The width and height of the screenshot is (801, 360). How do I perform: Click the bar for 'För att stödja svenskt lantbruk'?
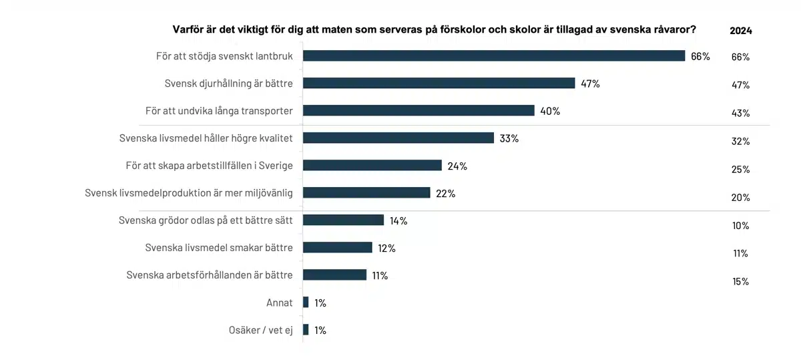[494, 56]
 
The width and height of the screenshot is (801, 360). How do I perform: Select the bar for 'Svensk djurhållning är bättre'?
[439, 83]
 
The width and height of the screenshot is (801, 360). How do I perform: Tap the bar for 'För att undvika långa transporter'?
[419, 111]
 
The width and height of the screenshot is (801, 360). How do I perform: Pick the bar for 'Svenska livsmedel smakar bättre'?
[337, 248]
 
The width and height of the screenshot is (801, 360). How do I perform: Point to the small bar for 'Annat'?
[306, 303]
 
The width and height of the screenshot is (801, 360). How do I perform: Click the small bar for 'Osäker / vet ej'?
[306, 330]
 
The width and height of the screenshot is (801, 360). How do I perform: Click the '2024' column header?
[741, 31]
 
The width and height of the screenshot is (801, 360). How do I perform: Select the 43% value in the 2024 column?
[741, 114]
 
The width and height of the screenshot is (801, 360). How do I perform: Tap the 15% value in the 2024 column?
[741, 282]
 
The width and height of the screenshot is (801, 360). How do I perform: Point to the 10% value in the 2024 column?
[741, 226]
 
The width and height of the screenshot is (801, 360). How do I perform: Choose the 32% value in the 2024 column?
[741, 142]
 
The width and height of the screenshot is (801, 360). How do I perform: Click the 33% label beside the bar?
[509, 139]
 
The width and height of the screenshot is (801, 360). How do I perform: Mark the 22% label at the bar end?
[446, 194]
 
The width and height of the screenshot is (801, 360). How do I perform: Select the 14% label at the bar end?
[398, 221]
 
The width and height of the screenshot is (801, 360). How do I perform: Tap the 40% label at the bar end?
[550, 112]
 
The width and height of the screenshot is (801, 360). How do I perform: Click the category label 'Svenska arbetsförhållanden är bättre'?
[210, 275]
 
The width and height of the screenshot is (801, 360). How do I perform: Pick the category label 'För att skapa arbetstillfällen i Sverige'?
[210, 165]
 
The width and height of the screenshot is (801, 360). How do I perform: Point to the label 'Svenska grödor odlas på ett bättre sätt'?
[206, 220]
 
